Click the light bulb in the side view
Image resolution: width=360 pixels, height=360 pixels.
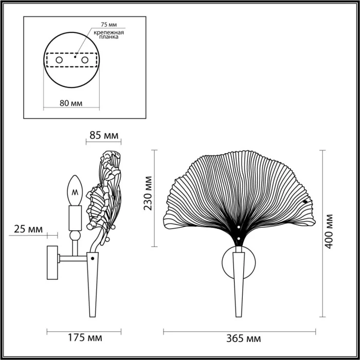[x=75, y=190]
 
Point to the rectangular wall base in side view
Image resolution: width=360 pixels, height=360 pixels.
[x=52, y=262]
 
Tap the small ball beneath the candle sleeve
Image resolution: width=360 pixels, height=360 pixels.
[x=75, y=235]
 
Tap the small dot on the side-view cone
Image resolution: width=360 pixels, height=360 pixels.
[x=93, y=255]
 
